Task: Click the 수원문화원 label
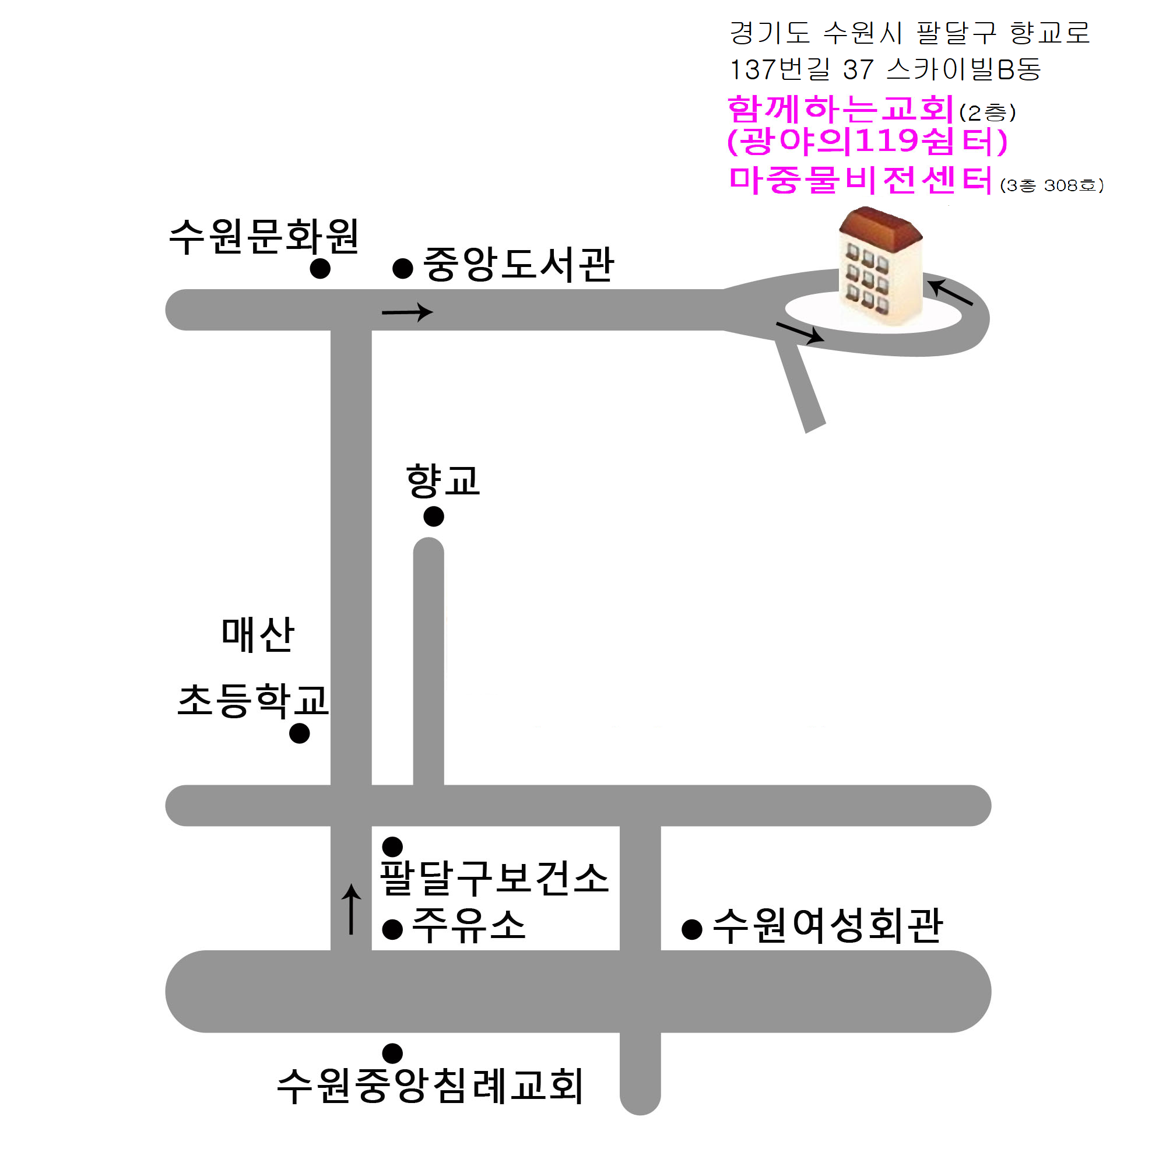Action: [264, 236]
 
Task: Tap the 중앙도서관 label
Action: [518, 264]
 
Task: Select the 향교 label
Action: [443, 481]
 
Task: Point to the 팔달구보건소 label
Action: [494, 878]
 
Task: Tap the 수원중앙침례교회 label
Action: [430, 1086]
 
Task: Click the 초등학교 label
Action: [253, 701]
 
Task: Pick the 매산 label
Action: [258, 635]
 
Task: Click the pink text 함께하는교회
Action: [840, 110]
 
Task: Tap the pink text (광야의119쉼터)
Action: [868, 142]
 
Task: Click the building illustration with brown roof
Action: [881, 265]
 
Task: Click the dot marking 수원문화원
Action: [320, 269]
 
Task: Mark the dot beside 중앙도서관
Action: [402, 269]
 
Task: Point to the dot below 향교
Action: [433, 516]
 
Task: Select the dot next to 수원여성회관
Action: [691, 929]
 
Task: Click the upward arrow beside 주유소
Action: [351, 909]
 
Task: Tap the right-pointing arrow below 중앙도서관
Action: [408, 312]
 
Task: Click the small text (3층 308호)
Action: [1051, 185]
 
